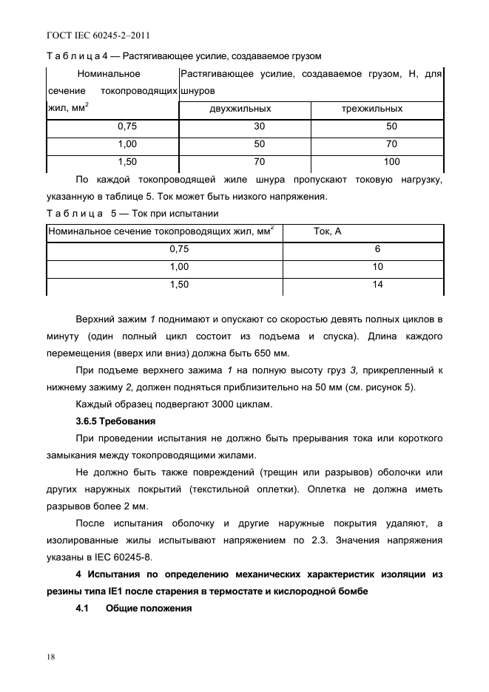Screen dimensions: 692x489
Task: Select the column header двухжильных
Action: coord(240,109)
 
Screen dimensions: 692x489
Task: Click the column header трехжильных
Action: coord(377,109)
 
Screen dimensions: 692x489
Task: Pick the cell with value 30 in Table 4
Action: coord(260,126)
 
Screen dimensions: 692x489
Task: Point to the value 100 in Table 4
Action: coord(391,161)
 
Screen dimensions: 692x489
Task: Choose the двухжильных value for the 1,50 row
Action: coord(260,161)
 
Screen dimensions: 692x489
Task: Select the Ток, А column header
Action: coord(328,231)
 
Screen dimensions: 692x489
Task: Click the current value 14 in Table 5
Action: coord(377,284)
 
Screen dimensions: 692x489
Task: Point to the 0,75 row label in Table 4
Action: coord(128,126)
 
